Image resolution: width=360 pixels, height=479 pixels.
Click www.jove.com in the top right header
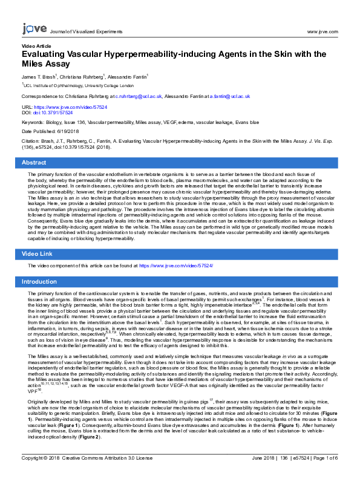click(x=322, y=31)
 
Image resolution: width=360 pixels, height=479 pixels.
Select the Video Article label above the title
click(x=36, y=46)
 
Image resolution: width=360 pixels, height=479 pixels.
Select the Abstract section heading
click(x=34, y=163)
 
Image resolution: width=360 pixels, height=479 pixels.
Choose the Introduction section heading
click(x=39, y=282)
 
